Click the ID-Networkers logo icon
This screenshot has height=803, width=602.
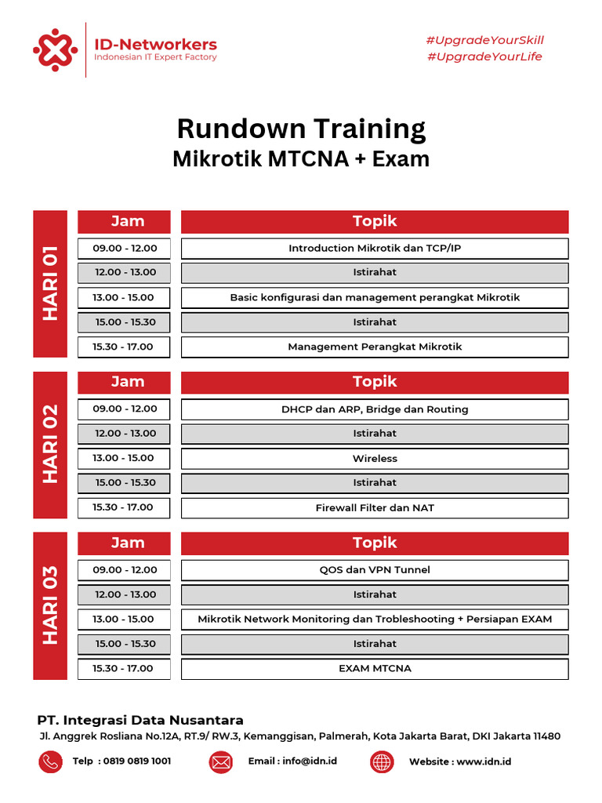point(55,50)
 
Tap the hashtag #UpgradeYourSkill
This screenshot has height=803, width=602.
point(484,40)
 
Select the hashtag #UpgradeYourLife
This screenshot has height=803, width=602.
point(484,56)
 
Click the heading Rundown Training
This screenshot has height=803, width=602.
point(301,129)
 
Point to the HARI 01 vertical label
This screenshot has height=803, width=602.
point(50,284)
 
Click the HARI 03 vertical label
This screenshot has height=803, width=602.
point(50,605)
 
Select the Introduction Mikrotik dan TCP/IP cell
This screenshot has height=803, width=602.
point(375,249)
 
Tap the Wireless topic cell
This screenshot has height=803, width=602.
point(375,459)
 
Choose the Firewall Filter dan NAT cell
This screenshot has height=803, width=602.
point(375,508)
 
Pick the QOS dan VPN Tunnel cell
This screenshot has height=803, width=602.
point(375,570)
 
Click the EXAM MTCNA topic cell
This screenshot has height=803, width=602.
point(375,669)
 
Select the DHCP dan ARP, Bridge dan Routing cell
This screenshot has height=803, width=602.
point(375,409)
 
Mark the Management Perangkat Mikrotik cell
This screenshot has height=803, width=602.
point(375,347)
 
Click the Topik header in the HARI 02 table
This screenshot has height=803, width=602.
point(375,382)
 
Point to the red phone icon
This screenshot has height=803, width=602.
point(50,761)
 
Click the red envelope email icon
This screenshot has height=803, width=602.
point(220,761)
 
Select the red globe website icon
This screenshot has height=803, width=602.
point(382,761)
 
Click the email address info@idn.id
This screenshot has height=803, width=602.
point(309,761)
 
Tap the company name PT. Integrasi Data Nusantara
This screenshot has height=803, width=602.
point(141,720)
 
